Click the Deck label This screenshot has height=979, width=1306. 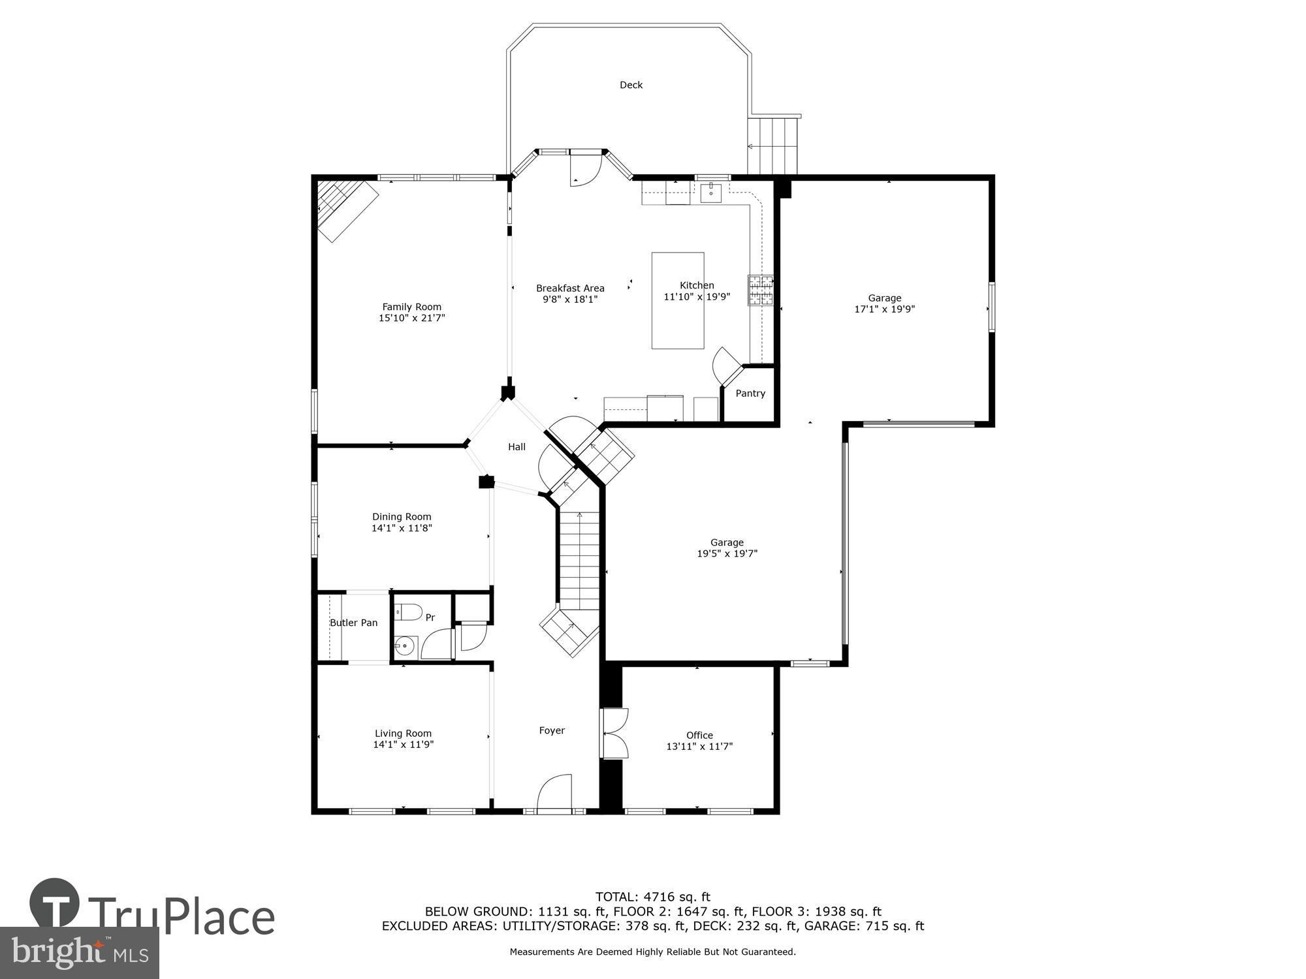(x=631, y=85)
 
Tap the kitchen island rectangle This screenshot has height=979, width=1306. (x=678, y=326)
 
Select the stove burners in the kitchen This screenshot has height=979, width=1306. (x=760, y=290)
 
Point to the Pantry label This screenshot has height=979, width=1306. (x=750, y=394)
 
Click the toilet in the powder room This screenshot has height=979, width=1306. (x=409, y=612)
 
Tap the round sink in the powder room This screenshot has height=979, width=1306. (x=405, y=646)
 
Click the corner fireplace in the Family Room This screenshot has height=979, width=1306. (x=346, y=209)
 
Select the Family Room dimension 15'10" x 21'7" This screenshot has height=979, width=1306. (x=411, y=319)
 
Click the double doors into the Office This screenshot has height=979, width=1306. (x=614, y=734)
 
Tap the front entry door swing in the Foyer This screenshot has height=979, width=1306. (x=555, y=792)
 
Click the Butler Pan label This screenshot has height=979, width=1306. (x=353, y=623)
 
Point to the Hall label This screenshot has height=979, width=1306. (x=517, y=447)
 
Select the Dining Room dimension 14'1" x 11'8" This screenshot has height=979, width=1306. (x=402, y=528)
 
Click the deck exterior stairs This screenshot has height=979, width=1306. (x=773, y=145)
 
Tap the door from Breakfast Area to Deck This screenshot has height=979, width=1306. (x=584, y=169)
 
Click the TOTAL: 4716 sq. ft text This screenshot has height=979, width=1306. (x=652, y=897)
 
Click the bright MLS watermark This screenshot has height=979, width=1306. (x=79, y=953)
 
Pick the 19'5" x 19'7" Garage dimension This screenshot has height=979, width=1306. (x=727, y=553)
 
